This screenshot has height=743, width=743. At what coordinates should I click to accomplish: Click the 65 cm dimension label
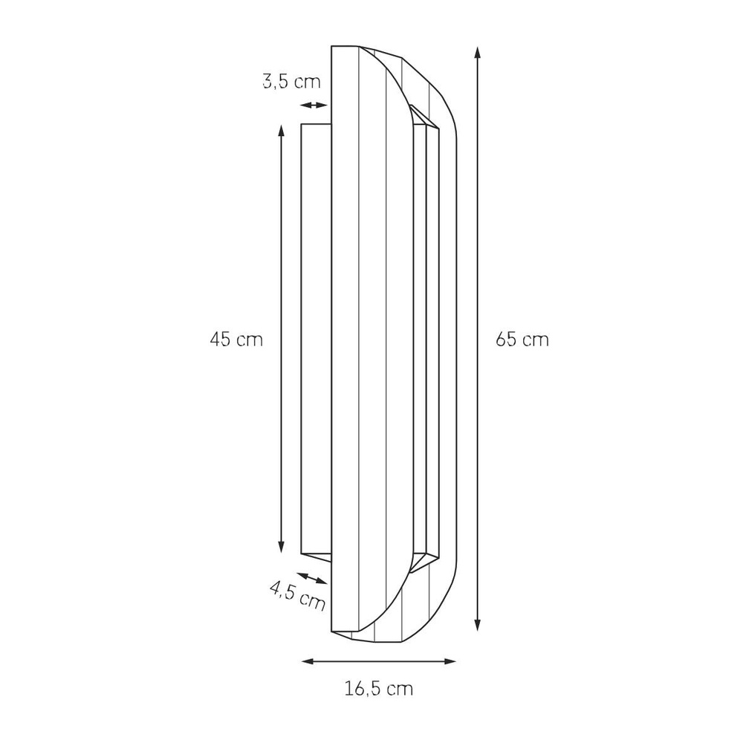(x=522, y=340)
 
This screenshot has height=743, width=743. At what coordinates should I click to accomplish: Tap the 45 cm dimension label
(x=236, y=340)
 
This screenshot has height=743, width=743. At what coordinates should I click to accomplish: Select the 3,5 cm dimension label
(x=291, y=81)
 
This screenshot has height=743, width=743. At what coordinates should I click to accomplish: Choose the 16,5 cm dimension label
(x=378, y=688)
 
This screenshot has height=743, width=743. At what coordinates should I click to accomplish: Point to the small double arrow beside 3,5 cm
(x=315, y=105)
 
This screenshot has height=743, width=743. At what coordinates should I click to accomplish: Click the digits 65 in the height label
(x=505, y=340)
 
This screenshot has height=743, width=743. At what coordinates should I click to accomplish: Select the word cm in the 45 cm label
(x=250, y=340)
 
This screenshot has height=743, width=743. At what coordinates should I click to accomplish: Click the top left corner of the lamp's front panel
(x=331, y=47)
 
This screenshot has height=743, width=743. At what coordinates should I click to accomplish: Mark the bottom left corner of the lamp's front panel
(x=331, y=632)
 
